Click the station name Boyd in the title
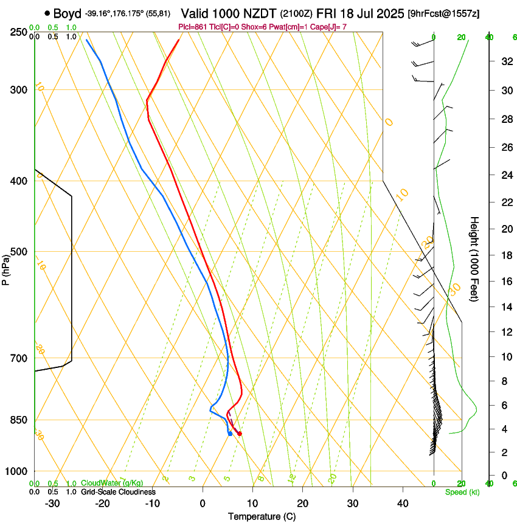68,13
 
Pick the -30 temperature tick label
52,503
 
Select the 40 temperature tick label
402,503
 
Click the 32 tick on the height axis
505,61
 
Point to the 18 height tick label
505,255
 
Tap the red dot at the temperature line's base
240,434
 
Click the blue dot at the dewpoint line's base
230,434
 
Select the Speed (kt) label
462,492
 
